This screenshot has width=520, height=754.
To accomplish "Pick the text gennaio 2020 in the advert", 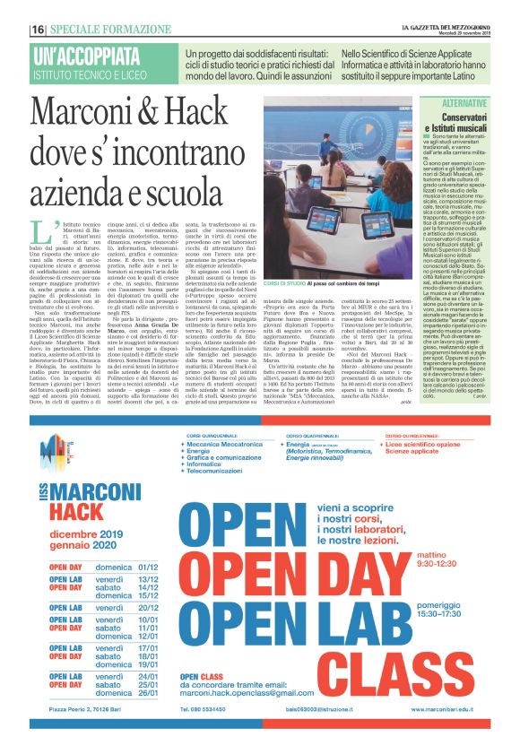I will tap(83, 547).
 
